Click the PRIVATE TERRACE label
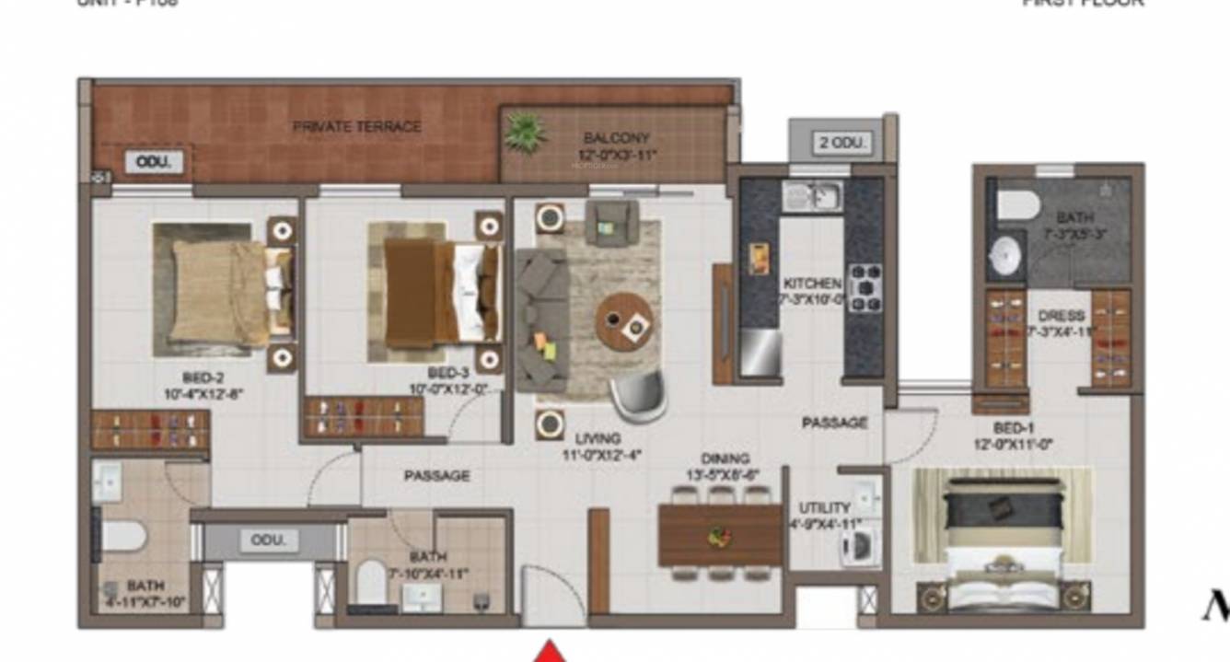(357, 126)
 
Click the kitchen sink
(811, 195)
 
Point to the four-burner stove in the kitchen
(864, 287)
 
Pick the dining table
(720, 535)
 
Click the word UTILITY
(824, 507)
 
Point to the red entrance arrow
(551, 651)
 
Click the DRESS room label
(1062, 316)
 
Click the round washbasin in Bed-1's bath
(1005, 255)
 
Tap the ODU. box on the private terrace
(154, 162)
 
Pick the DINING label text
(725, 459)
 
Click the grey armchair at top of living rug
(612, 222)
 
